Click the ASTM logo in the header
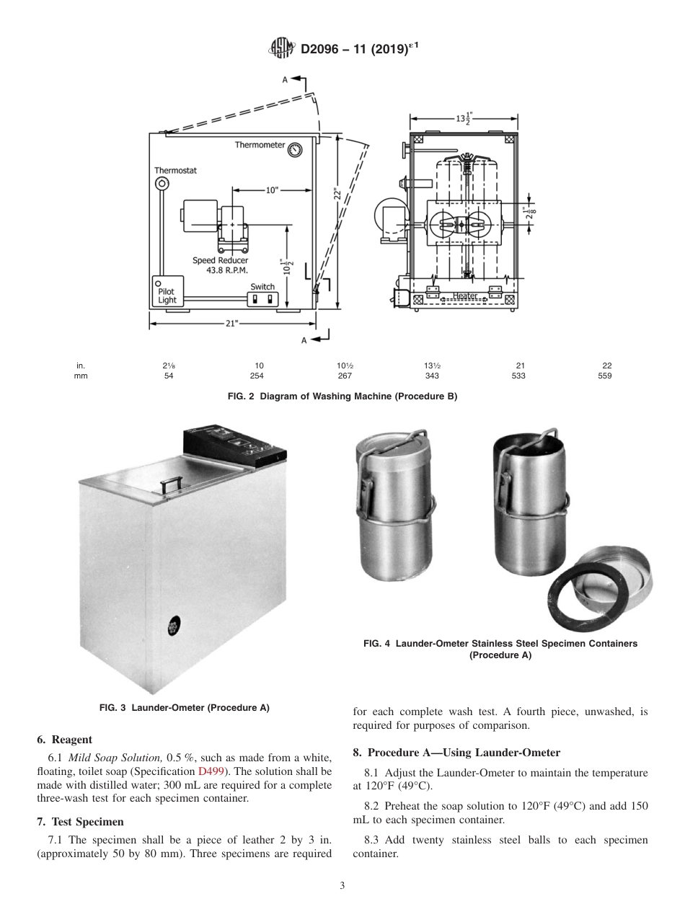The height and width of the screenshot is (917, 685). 281,49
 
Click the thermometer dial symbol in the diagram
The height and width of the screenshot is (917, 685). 294,150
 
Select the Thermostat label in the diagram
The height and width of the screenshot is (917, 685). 175,171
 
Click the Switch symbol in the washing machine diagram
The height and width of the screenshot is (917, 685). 262,298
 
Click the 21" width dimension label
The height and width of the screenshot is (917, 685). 231,324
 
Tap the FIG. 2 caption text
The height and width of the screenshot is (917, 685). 342,397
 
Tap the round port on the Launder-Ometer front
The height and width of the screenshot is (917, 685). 174,624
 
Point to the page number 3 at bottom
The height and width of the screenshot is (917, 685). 342,885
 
